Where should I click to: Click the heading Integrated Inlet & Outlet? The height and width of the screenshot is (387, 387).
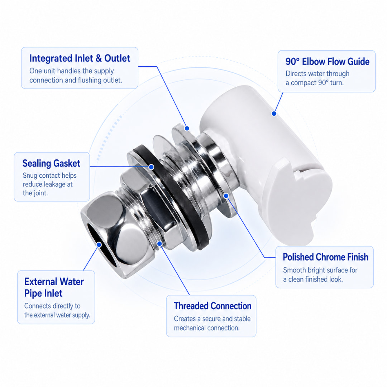tap(80, 58)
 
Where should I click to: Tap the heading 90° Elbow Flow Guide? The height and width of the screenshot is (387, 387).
tap(327, 62)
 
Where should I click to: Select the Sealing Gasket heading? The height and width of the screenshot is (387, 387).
tap(51, 163)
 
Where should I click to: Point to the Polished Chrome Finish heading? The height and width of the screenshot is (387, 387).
tap(325, 257)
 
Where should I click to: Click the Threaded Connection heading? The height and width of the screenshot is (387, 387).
tap(212, 306)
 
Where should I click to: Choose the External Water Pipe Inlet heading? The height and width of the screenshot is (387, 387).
tap(54, 287)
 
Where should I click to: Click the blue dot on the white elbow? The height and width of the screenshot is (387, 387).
tap(274, 114)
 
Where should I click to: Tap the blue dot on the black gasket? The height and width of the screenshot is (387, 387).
tap(151, 167)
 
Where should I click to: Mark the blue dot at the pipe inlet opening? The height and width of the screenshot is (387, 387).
tap(99, 245)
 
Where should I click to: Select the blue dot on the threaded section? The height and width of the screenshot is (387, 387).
tap(159, 244)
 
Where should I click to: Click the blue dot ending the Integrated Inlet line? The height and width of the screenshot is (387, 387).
tap(187, 128)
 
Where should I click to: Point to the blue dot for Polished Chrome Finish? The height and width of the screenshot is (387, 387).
tap(226, 196)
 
